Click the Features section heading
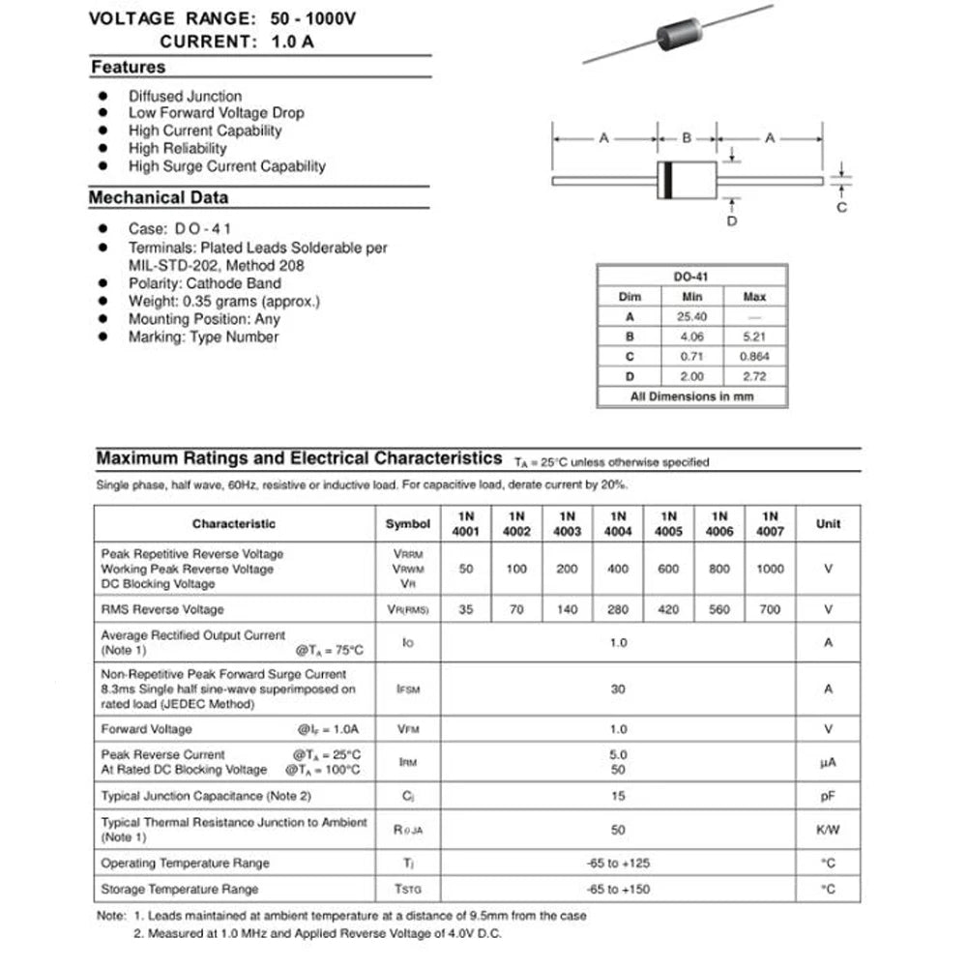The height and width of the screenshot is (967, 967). point(128,68)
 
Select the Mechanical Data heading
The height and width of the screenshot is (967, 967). point(159,197)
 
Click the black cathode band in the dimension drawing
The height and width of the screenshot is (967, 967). point(666,181)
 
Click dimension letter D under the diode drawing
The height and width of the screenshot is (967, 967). point(732,221)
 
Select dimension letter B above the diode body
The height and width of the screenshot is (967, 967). point(687,138)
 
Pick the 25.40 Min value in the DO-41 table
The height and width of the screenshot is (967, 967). point(691,316)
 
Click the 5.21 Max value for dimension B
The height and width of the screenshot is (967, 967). point(754,337)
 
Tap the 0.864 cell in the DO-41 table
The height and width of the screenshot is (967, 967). point(754,356)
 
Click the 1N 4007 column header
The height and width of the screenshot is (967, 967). point(770,523)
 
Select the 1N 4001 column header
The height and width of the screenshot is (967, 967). point(466,523)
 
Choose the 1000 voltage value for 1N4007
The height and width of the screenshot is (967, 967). point(770,569)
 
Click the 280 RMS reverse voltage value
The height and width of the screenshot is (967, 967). point(618,609)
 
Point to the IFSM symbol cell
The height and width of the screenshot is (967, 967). point(407,689)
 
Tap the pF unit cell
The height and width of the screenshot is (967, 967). point(828,796)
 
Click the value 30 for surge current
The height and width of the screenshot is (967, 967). point(618,689)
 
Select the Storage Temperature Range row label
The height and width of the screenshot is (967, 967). point(180,889)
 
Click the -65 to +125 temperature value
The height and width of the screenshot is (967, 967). point(618,863)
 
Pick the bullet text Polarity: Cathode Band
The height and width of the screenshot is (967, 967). point(204,283)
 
